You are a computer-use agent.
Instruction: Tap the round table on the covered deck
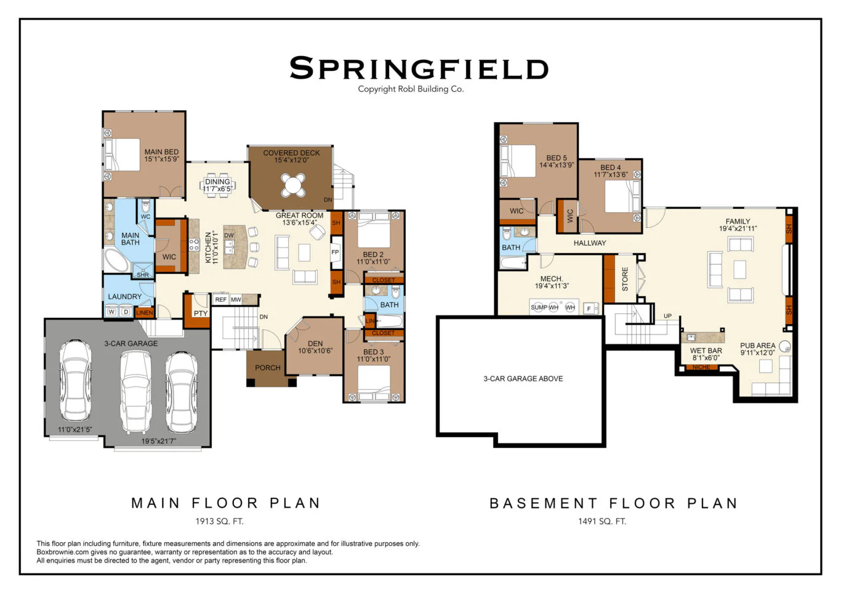coord(293,184)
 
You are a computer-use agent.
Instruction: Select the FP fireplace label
coord(335,252)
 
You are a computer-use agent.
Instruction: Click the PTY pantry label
coord(201,314)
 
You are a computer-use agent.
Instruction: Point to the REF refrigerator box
coord(221,299)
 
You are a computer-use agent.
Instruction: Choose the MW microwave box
coord(236,299)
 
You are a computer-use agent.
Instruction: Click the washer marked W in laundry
coord(111,312)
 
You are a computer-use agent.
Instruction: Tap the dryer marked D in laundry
coord(126,312)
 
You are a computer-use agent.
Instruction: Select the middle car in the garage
coord(135,392)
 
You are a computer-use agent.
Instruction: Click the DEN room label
coord(315,343)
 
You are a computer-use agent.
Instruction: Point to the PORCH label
coord(268,368)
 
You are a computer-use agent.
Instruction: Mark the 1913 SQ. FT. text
coord(220,521)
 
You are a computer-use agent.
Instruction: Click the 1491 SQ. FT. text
coord(602,521)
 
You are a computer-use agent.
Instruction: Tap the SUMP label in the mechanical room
coord(539,307)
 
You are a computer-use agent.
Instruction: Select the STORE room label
coord(625,279)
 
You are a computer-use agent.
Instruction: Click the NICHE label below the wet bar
coord(701,367)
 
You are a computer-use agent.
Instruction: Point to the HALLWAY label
coord(590,243)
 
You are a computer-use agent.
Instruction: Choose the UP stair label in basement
coord(667,316)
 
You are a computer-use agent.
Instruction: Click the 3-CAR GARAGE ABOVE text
coord(523,379)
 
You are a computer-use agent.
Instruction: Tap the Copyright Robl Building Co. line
coord(411,89)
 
